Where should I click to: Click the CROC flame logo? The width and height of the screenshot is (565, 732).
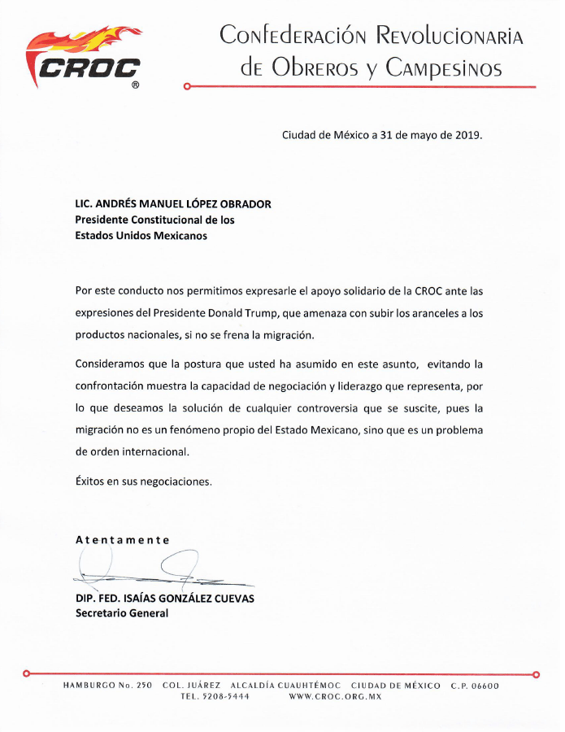coord(85,57)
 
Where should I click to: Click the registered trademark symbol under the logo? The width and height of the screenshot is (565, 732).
coord(135,85)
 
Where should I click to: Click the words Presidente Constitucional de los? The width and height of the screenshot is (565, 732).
coord(154,220)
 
